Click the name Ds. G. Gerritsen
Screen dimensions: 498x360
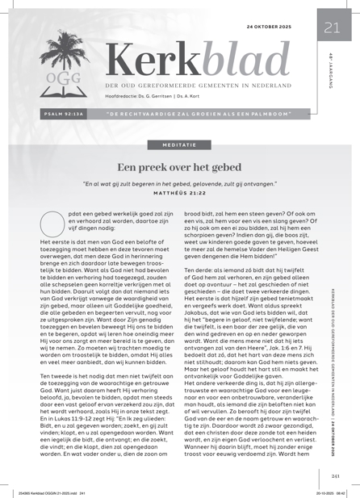point(172,97)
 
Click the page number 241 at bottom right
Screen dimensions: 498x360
point(332,475)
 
